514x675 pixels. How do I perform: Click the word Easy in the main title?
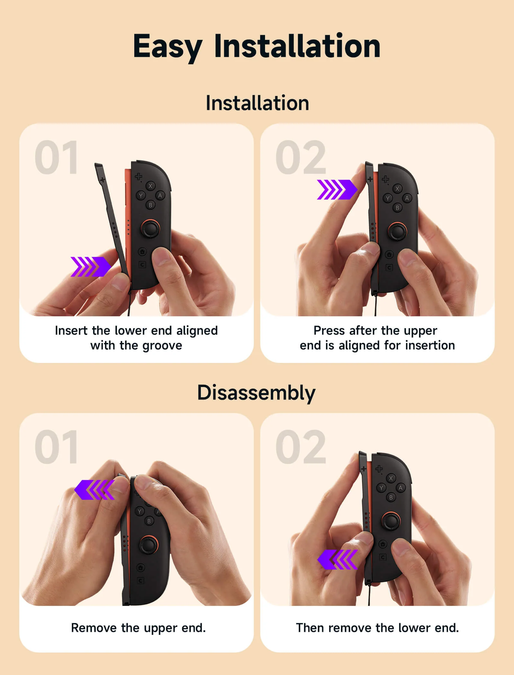click(x=167, y=47)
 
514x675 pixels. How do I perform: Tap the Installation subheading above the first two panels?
click(x=257, y=103)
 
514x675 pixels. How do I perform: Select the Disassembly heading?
click(x=256, y=392)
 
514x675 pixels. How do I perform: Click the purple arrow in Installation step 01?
click(x=91, y=266)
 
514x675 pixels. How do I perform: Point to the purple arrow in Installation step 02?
click(x=337, y=189)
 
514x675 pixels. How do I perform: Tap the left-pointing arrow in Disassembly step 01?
click(x=94, y=490)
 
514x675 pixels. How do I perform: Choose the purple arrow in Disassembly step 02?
click(x=337, y=559)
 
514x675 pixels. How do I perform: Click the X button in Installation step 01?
click(x=150, y=186)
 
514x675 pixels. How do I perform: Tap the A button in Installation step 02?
click(x=407, y=198)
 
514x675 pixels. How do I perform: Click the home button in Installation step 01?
click(x=142, y=252)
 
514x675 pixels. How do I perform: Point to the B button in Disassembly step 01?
click(x=149, y=521)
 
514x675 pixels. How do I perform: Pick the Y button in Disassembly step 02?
click(x=381, y=488)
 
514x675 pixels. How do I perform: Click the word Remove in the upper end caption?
click(x=93, y=627)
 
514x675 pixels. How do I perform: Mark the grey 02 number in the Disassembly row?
click(x=301, y=447)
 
